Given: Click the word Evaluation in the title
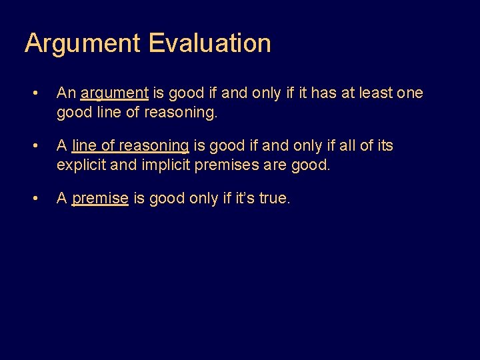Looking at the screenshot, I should [x=209, y=43].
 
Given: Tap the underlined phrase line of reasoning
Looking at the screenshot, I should [x=131, y=146].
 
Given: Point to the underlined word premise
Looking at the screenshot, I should [x=100, y=199].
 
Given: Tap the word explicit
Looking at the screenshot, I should [x=81, y=165].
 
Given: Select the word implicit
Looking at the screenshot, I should [x=166, y=165].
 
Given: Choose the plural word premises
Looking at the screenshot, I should [x=228, y=165].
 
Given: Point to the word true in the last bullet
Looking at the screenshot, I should [x=273, y=199].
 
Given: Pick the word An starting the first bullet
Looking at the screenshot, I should [x=65, y=93].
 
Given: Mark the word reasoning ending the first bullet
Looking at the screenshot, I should [x=182, y=112].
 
